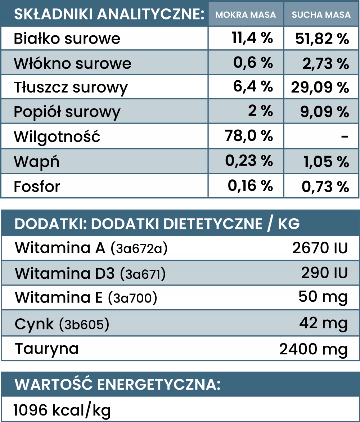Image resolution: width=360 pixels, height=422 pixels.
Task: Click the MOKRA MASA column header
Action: tap(246, 14)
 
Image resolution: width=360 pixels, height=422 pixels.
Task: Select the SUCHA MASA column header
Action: tap(321, 14)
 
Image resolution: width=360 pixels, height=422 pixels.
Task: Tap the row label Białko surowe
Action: tap(67, 39)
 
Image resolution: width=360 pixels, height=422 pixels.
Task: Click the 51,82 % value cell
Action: tap(322, 39)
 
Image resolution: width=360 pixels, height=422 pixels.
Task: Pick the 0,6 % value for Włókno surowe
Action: tap(253, 63)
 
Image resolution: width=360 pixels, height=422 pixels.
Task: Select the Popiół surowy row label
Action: tap(67, 112)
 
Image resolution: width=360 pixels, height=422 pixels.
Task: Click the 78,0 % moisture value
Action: tap(249, 135)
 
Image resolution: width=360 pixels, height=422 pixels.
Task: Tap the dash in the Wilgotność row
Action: tap(345, 137)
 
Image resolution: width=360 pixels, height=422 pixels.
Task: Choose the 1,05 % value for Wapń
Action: tap(326, 162)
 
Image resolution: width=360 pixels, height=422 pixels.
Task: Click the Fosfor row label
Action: tap(37, 187)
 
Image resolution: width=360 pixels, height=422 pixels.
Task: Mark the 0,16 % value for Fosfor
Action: tap(251, 186)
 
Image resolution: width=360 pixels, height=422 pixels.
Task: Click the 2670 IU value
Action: tap(320, 248)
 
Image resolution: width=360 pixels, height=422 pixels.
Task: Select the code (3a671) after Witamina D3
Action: tap(143, 274)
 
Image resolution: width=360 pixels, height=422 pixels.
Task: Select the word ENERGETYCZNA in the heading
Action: tap(159, 384)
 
